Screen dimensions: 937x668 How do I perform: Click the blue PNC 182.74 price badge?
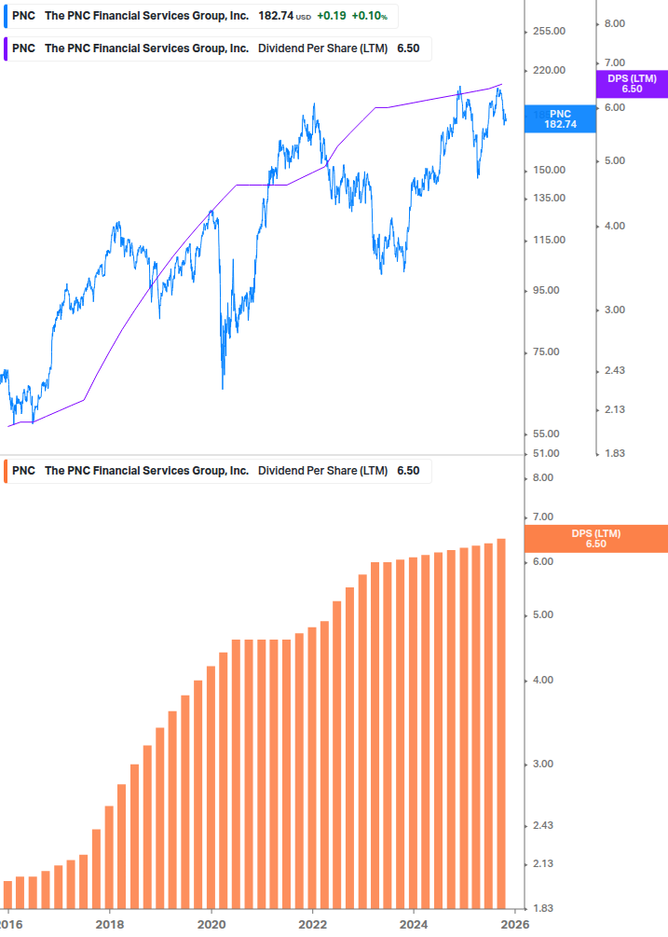560,118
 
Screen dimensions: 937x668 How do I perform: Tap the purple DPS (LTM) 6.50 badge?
631,84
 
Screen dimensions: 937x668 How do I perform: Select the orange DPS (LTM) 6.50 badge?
595,538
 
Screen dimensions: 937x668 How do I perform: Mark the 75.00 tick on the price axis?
550,351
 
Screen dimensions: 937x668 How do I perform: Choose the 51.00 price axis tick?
550,453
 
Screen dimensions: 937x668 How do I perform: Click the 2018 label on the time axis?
110,924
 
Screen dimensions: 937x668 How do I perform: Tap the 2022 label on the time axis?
312,924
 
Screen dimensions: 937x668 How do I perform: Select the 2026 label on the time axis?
514,924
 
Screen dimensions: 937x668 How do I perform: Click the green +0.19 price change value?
331,16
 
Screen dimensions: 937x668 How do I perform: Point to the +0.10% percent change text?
369,16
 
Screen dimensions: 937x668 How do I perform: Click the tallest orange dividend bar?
501,723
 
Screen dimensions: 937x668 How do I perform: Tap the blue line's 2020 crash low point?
223,387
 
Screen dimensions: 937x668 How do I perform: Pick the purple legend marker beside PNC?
7,48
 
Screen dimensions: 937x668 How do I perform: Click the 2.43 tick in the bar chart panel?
541,825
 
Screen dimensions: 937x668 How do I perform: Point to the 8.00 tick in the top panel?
614,23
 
